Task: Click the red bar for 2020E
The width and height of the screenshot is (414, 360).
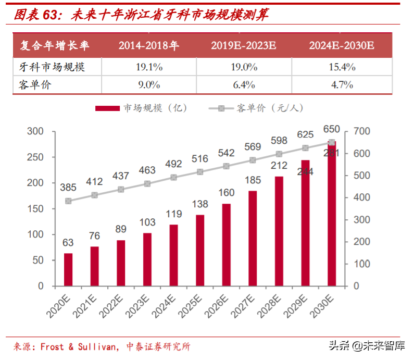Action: click(68, 269)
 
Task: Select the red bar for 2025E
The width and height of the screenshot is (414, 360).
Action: click(200, 250)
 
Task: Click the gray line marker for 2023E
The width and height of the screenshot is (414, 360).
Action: click(147, 183)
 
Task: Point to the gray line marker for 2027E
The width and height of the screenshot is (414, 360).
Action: click(253, 160)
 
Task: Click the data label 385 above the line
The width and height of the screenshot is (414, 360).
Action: click(68, 187)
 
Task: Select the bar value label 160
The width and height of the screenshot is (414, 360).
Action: click(226, 193)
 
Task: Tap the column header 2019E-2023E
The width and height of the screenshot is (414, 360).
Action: click(243, 46)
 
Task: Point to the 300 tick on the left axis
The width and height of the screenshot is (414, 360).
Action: click(36, 131)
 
